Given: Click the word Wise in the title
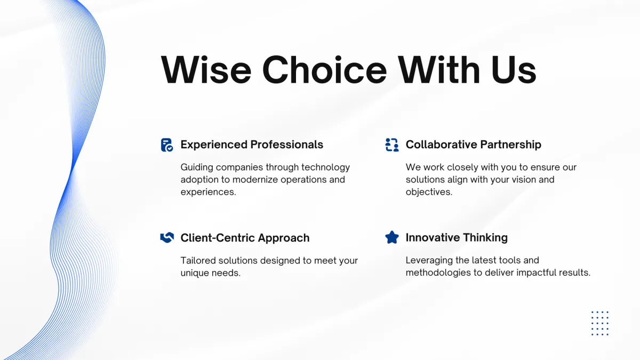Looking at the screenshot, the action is point(206,70).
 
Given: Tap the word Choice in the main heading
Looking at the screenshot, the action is point(325,70).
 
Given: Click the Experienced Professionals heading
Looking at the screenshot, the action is point(252,145).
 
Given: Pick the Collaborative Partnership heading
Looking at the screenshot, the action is point(474,145).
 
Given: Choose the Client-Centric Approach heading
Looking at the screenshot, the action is point(245,238).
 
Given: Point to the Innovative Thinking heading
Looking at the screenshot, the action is point(457,237).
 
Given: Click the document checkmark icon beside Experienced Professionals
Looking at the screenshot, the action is point(167,145).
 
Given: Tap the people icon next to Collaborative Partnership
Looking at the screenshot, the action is point(392,145).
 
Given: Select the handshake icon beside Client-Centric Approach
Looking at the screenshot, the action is point(167,237).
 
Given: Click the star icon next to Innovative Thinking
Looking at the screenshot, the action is point(392,237).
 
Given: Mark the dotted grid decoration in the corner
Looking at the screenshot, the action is point(600,323).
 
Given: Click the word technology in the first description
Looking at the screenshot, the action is point(325,167).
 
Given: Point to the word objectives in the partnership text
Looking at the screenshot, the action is point(429,192).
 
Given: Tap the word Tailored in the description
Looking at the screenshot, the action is point(198,261).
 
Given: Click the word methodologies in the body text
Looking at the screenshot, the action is point(438,273).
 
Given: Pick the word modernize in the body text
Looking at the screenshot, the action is point(255,180).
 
